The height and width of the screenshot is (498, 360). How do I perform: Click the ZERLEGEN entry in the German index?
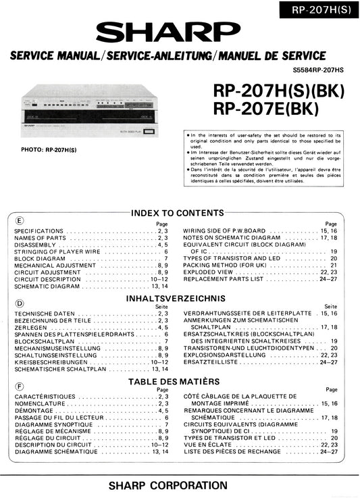[x=28, y=327]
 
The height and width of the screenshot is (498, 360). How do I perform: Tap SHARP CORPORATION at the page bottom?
[x=180, y=485]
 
